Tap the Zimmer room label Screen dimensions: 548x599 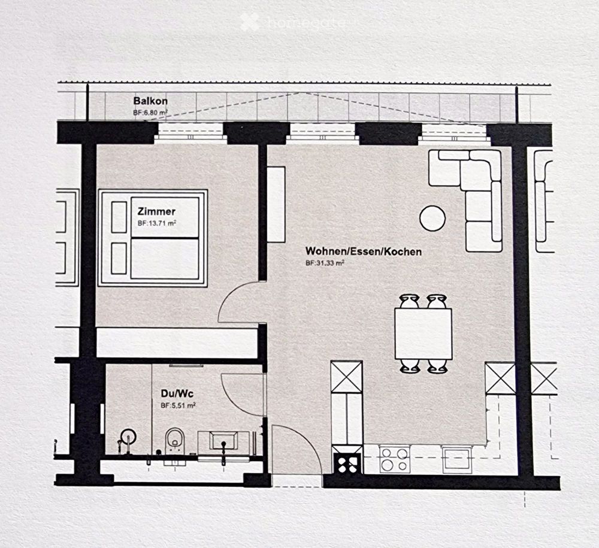coord(156,211)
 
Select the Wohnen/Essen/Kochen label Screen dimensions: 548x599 coord(363,252)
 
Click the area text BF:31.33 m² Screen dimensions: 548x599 coord(325,263)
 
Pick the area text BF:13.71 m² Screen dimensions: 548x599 coord(157,223)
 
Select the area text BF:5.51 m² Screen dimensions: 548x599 coord(178,405)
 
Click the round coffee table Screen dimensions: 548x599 coord(432,218)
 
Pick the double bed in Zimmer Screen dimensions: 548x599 coord(153,237)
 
